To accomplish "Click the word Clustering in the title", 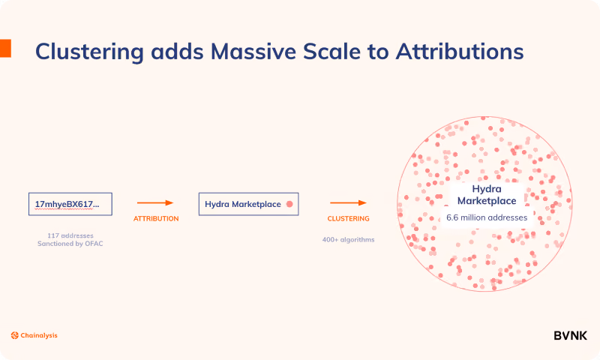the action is tap(89, 52).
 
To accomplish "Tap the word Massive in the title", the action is tap(253, 51).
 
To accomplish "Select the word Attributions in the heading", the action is tap(460, 51).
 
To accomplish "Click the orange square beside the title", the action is tap(5, 48).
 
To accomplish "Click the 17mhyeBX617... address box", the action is tap(70, 204).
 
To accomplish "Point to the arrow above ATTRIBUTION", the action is tap(155, 202).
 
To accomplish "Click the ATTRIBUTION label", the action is tap(156, 218).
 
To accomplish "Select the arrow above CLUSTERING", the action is tap(348, 202).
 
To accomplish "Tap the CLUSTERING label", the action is tap(349, 218).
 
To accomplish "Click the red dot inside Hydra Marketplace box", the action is tap(289, 204).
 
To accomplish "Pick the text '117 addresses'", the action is tap(70, 235).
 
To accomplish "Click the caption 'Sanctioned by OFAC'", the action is tap(70, 244).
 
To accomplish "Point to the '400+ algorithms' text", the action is tap(349, 240).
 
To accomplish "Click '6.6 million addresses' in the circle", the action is tap(487, 217).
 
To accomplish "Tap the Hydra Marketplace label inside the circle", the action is tap(487, 195).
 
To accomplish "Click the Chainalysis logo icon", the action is tap(15, 335).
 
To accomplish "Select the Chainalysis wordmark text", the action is tap(39, 335).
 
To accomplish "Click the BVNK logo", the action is tap(570, 335).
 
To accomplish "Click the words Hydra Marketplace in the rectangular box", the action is tap(243, 204).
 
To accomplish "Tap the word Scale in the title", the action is tap(331, 51).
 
